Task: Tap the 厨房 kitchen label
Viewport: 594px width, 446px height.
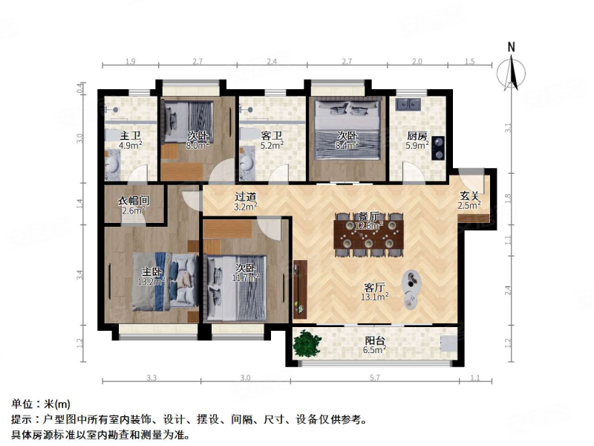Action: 417,136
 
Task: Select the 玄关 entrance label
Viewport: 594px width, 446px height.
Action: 469,195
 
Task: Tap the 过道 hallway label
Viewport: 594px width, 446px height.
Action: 246,197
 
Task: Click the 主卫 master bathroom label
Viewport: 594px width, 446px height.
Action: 131,136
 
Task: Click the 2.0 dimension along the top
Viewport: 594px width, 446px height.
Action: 417,62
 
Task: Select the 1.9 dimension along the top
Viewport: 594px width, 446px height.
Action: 130,62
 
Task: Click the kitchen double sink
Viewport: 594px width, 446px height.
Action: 408,103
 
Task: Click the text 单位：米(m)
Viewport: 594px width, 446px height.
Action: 41,404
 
